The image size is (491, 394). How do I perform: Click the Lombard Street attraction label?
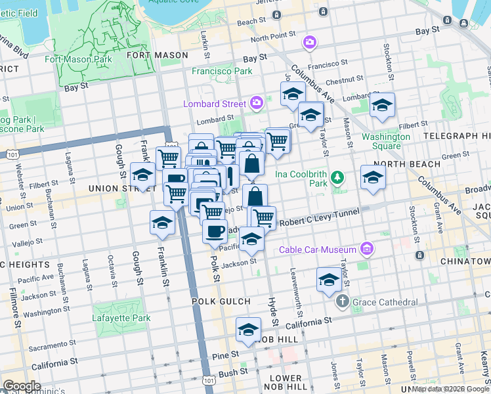click(214, 102)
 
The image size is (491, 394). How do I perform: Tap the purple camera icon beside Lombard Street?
click(256, 102)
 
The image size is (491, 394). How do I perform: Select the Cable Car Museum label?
click(317, 250)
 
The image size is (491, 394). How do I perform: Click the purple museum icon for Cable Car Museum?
click(366, 250)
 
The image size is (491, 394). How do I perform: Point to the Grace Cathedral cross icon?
click(342, 301)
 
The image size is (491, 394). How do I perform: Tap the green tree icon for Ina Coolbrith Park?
click(337, 177)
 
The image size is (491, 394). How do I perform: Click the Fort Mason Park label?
click(76, 58)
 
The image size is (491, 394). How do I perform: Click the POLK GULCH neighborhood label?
click(221, 301)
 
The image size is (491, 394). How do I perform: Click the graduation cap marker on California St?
click(248, 330)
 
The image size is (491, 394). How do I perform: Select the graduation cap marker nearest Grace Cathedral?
click(329, 280)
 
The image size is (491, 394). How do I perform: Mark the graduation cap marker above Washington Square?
click(382, 105)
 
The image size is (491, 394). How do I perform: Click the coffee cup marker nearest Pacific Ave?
click(214, 230)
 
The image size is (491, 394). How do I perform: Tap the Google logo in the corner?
click(21, 386)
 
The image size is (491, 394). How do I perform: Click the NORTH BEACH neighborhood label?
click(400, 163)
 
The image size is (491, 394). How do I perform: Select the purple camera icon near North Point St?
click(309, 43)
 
